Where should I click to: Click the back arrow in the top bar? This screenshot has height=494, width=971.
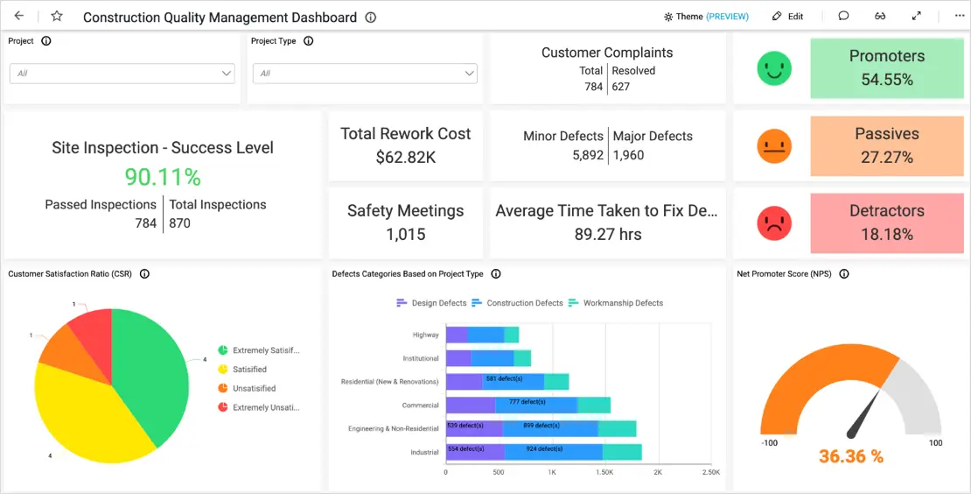click(x=19, y=17)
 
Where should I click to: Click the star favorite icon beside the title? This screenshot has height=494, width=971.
click(x=57, y=17)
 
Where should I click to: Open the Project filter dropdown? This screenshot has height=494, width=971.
click(x=122, y=74)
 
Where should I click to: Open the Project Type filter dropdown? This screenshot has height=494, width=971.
click(x=365, y=74)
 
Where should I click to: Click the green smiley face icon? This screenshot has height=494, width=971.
click(x=774, y=68)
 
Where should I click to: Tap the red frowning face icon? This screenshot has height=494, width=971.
click(x=774, y=223)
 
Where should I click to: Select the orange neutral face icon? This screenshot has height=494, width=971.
click(x=774, y=146)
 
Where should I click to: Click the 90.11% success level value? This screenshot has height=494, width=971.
click(x=163, y=177)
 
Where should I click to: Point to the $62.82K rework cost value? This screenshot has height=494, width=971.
click(x=405, y=158)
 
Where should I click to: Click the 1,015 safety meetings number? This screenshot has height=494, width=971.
click(x=405, y=234)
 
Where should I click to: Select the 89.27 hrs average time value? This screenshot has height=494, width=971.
click(x=608, y=234)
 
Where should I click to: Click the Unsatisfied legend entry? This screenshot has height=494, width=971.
click(x=254, y=388)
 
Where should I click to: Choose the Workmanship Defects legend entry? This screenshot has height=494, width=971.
click(x=622, y=303)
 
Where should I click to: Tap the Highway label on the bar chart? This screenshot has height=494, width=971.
click(x=426, y=335)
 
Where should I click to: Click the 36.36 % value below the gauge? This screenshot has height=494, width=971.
click(x=851, y=456)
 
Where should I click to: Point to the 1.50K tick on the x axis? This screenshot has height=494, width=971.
click(x=604, y=472)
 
